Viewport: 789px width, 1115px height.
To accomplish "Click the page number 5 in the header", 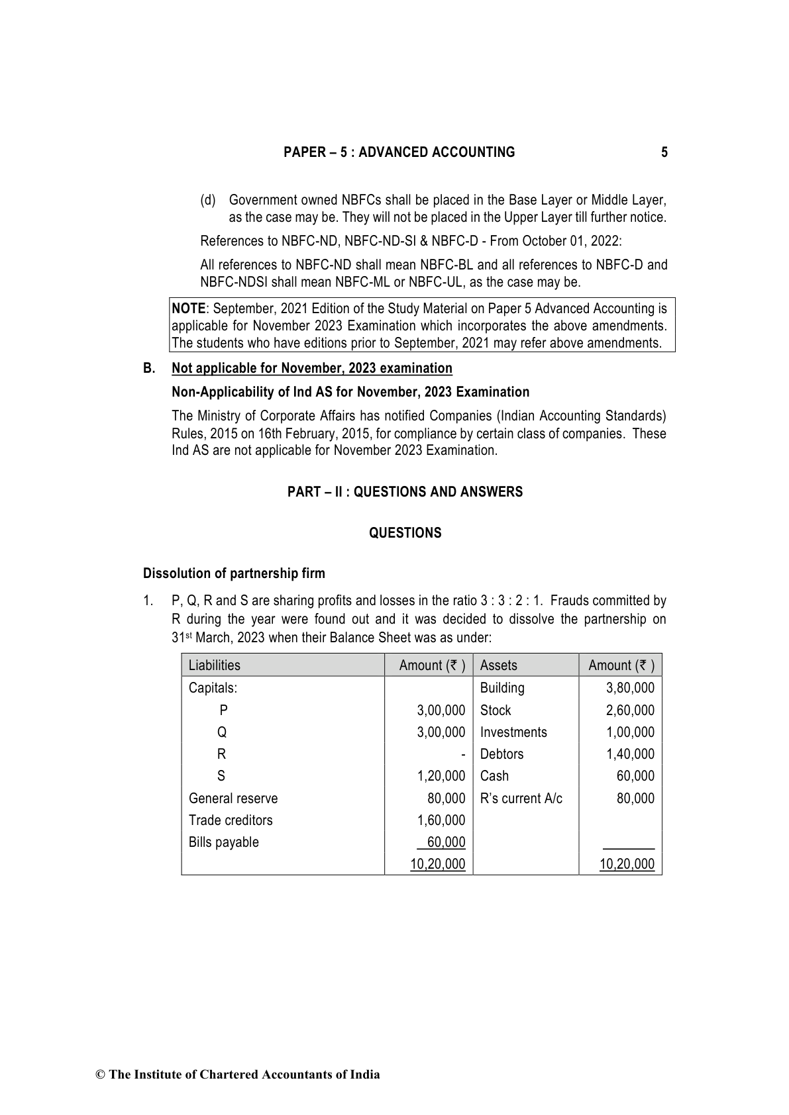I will click(x=664, y=152).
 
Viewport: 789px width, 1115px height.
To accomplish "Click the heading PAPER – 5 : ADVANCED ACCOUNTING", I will click(x=399, y=152).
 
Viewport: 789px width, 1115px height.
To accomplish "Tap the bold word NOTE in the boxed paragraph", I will click(x=188, y=309).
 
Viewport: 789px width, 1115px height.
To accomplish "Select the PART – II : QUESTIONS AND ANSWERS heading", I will click(x=405, y=492).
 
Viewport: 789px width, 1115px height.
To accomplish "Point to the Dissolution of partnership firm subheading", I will click(x=234, y=573).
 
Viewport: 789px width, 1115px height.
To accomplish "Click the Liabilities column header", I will click(x=214, y=665).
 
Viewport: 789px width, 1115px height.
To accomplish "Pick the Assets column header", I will click(x=498, y=665).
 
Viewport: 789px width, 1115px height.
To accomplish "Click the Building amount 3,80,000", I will click(x=630, y=688).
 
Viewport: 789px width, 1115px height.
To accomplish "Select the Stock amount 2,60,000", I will click(x=630, y=710).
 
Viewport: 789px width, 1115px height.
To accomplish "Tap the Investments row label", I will click(x=513, y=732).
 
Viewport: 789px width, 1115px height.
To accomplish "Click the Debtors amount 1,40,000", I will click(x=630, y=754).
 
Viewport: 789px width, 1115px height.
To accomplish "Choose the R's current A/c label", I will click(x=521, y=799).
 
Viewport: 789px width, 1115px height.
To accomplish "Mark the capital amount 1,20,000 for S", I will click(x=441, y=776).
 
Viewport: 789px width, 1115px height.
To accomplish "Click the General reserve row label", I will click(x=233, y=799).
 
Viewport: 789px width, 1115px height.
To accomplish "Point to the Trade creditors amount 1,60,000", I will click(x=441, y=820).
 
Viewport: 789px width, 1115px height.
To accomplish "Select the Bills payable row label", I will click(x=223, y=842).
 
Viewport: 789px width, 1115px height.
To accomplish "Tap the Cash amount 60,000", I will click(x=635, y=776).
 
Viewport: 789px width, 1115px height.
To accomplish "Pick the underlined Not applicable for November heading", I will click(x=311, y=368).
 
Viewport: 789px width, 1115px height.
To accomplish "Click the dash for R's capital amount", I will click(x=463, y=754).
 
